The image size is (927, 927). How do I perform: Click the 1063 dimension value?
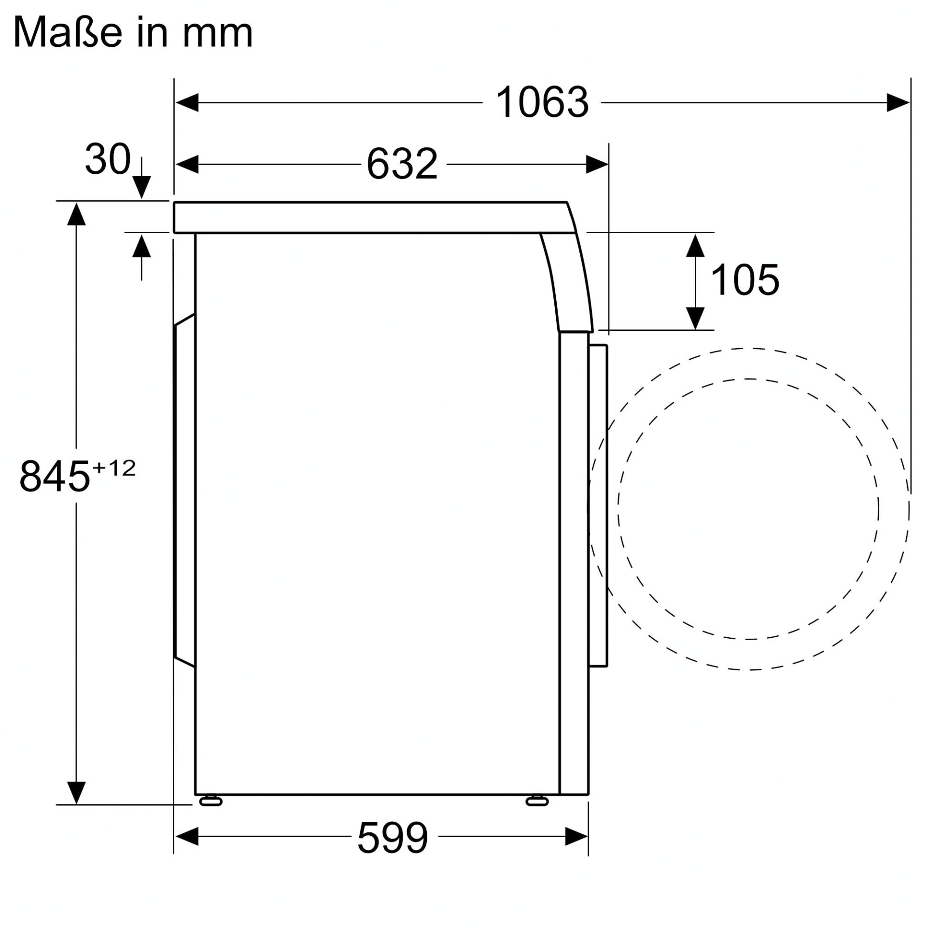(x=542, y=102)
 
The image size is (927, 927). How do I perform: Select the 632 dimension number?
(x=402, y=165)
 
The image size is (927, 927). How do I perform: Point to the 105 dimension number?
(x=744, y=280)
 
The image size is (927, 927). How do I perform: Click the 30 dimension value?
(x=108, y=159)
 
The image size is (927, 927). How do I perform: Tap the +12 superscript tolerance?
(x=114, y=468)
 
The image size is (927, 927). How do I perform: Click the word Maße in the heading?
(x=67, y=33)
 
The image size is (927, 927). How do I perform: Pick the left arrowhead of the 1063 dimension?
(x=186, y=103)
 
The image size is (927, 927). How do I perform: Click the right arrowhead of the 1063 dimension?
(x=898, y=103)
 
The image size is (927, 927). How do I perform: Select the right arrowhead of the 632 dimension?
(x=597, y=165)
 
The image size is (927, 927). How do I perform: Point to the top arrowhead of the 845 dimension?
(x=76, y=214)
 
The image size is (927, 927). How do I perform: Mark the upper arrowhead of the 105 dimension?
(x=695, y=245)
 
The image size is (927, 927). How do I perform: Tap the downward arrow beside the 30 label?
(x=141, y=186)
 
